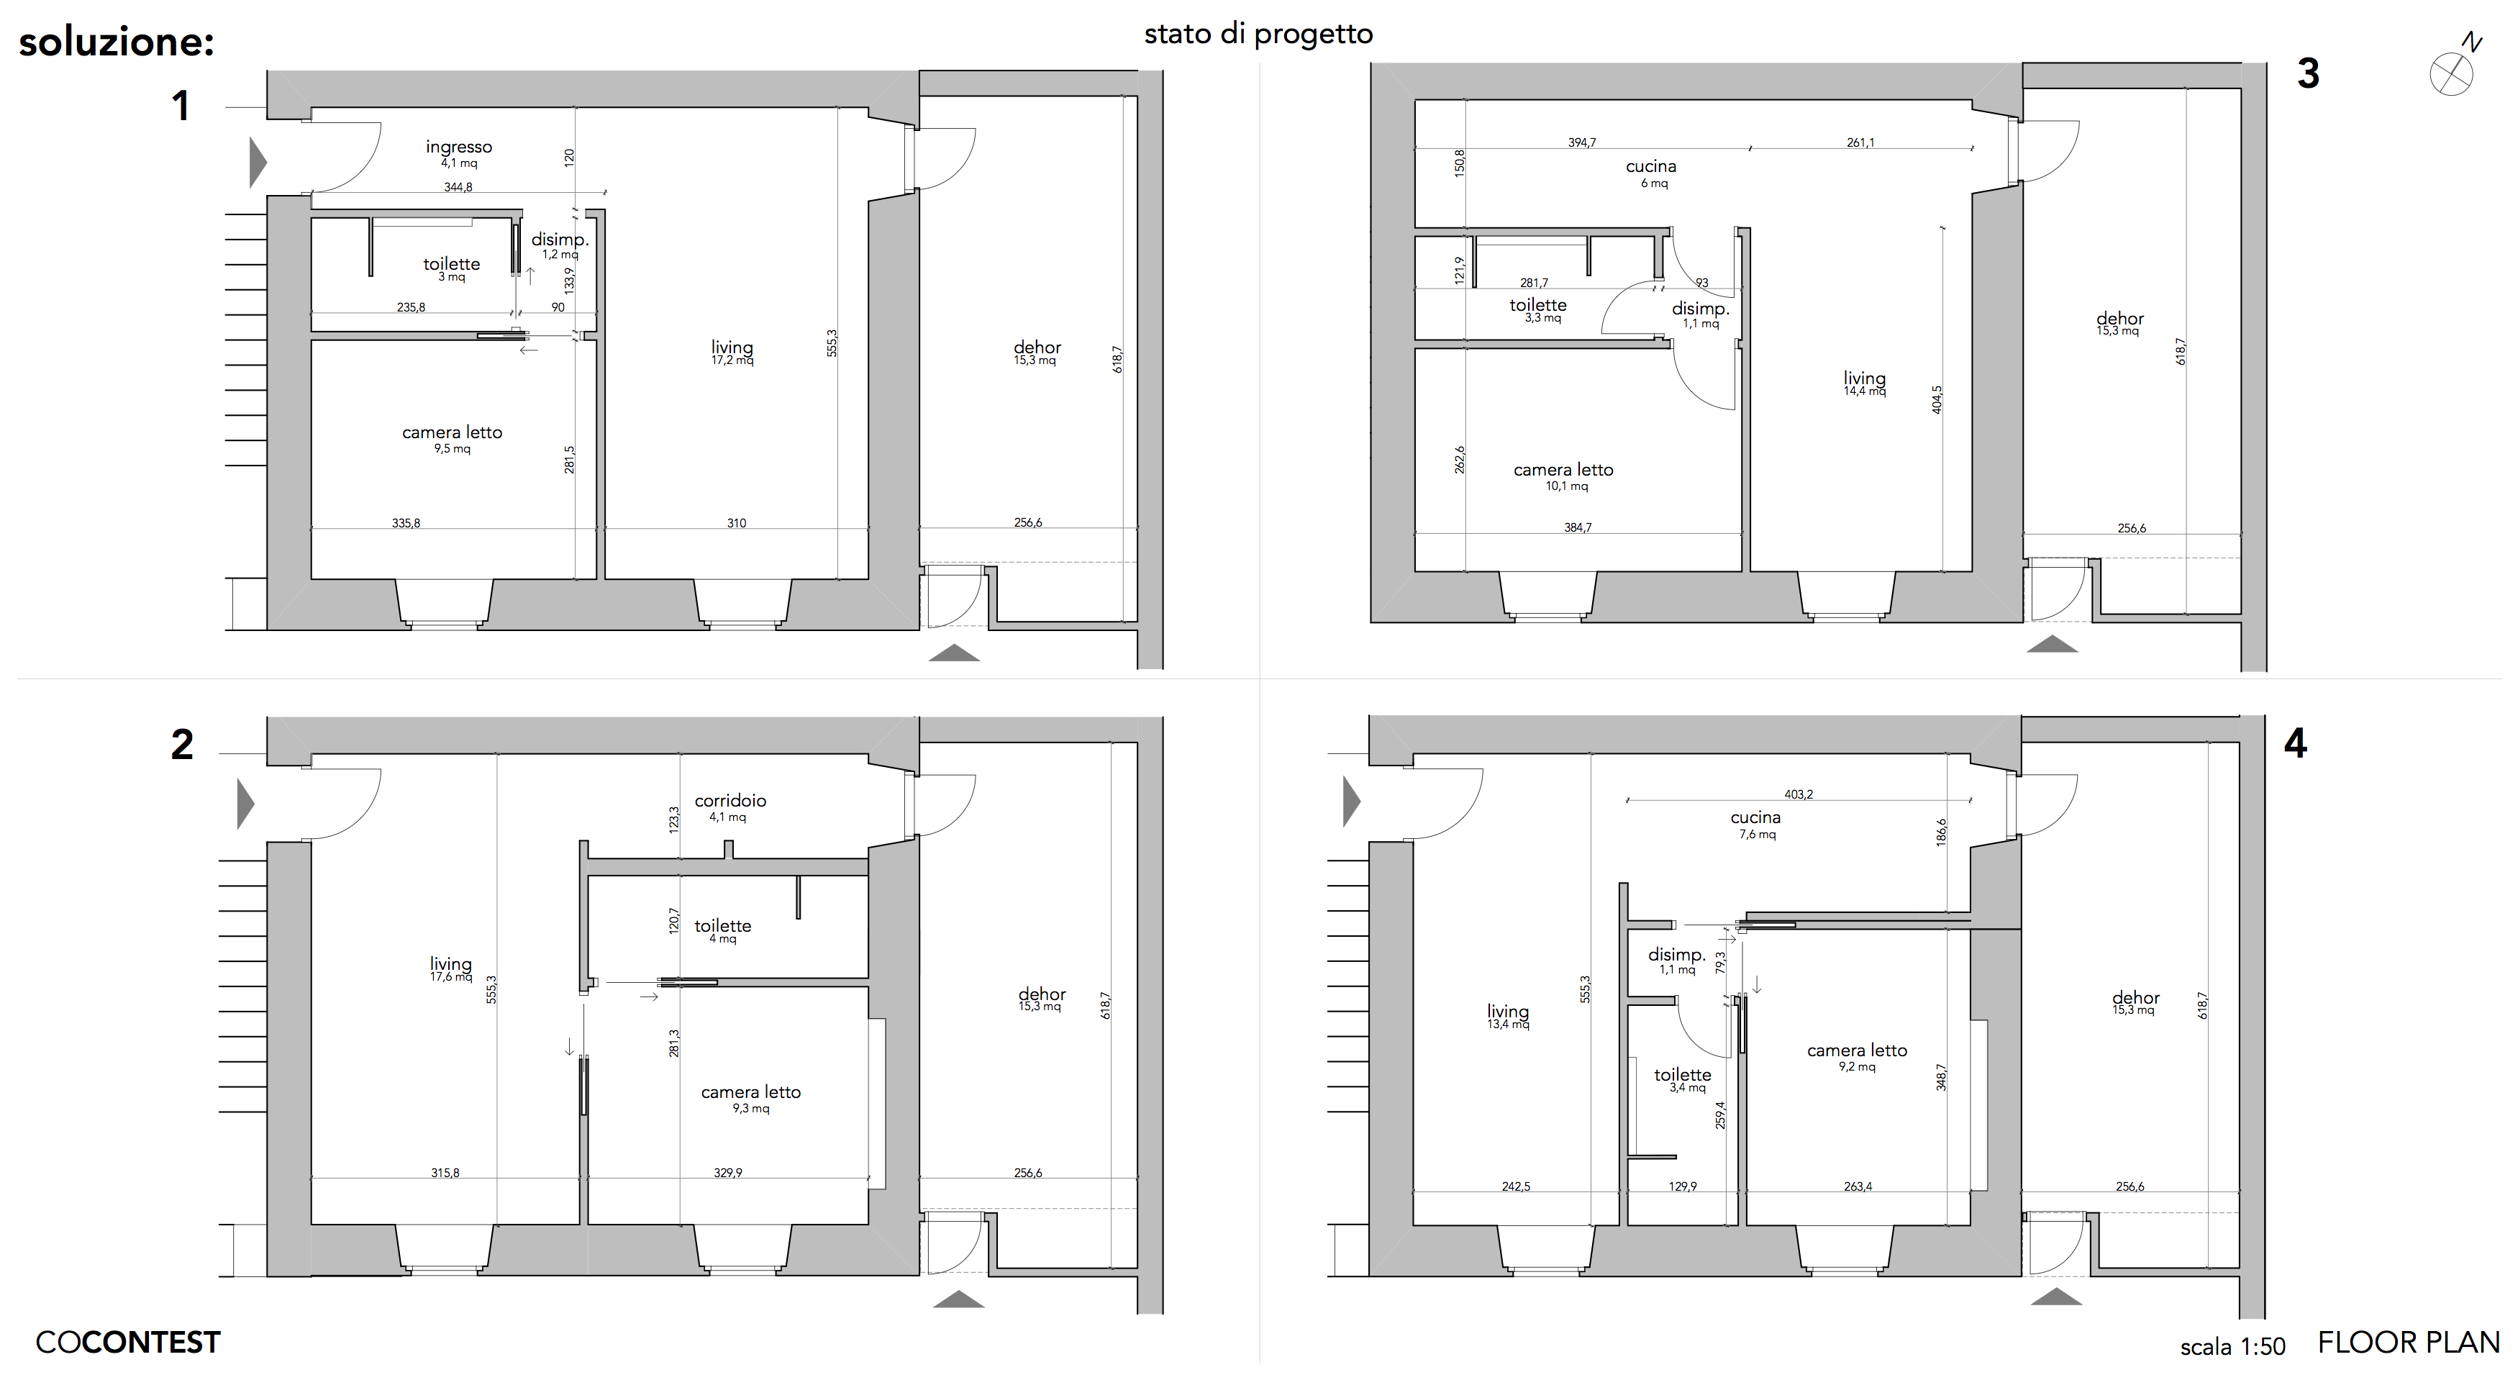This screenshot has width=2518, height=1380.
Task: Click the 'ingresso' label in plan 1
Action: (x=458, y=147)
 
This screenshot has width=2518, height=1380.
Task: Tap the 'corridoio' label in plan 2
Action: (x=730, y=800)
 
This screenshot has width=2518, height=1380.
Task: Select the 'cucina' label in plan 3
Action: (x=1651, y=167)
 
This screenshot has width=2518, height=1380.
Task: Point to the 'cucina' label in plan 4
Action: (x=1755, y=818)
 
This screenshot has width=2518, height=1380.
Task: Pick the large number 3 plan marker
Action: (x=2308, y=73)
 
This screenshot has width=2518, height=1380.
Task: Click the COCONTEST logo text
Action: (x=128, y=1343)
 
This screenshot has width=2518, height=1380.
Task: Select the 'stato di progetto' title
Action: (x=1258, y=35)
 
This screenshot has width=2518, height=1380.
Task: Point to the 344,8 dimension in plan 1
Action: (x=458, y=186)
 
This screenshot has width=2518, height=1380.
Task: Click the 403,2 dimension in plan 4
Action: (x=1798, y=794)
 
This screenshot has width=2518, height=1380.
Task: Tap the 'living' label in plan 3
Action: (x=1864, y=378)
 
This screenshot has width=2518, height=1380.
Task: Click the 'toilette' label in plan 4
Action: (x=1682, y=1075)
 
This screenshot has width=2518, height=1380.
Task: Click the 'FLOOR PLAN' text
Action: (x=2409, y=1343)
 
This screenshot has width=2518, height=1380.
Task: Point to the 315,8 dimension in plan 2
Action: (x=445, y=1173)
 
